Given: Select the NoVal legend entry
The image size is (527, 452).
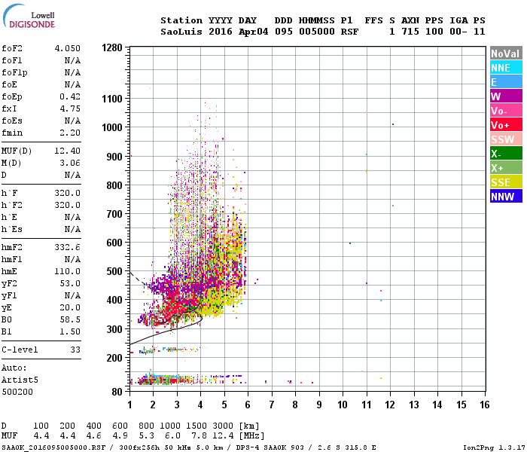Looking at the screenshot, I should click(505, 53).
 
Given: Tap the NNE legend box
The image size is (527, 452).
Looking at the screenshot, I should click(505, 68).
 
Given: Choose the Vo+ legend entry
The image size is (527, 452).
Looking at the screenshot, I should click(505, 125).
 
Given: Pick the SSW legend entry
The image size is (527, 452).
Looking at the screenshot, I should click(505, 139).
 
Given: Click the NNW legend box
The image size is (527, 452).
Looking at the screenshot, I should click(505, 197).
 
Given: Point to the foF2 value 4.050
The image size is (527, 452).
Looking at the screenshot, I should click(67, 48).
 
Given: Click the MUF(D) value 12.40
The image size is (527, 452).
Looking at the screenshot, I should click(67, 151).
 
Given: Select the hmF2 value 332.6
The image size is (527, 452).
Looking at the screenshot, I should click(67, 248).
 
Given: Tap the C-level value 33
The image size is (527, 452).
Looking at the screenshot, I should click(75, 350).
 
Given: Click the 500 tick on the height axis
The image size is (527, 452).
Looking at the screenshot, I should click(114, 271).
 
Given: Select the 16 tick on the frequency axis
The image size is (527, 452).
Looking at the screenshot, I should click(484, 405).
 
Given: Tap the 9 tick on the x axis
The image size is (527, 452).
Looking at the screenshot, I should click(318, 405).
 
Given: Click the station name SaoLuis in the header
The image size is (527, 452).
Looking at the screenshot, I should click(180, 32).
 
